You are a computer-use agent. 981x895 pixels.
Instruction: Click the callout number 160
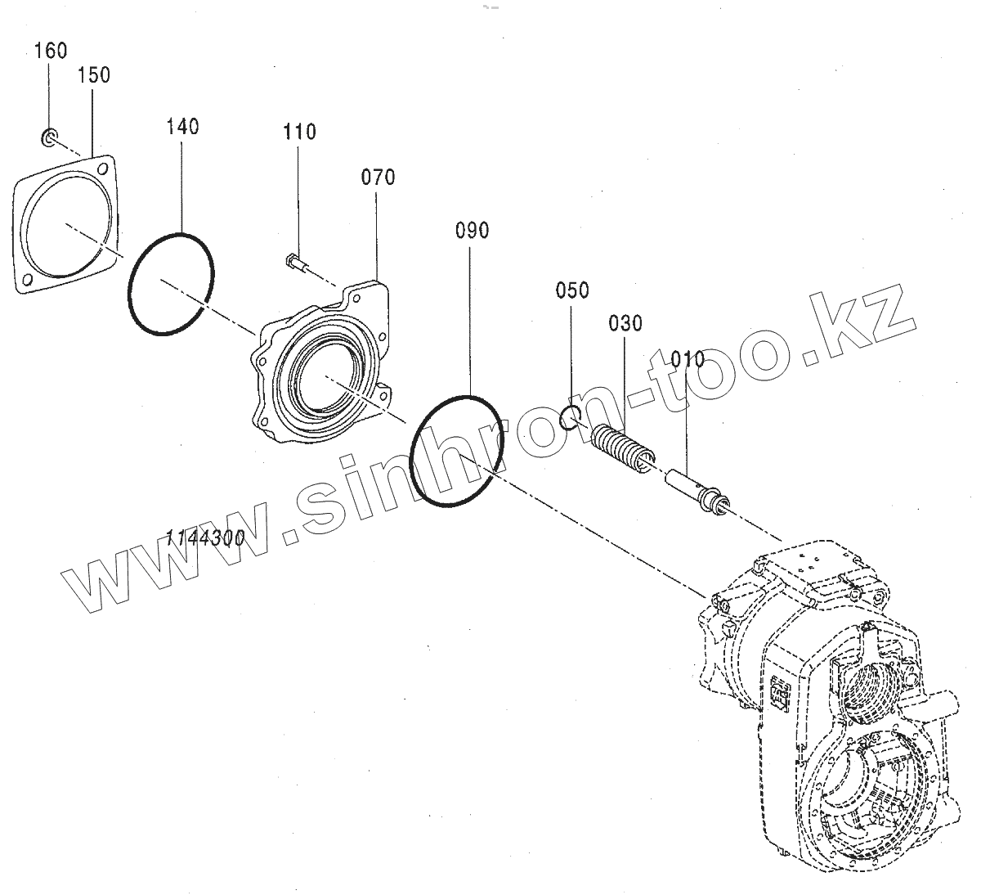[x=51, y=50]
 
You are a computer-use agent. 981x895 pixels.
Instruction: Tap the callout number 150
[x=94, y=75]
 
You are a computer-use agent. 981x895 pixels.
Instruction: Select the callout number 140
[x=182, y=127]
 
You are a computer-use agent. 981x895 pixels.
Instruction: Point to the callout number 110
[x=300, y=132]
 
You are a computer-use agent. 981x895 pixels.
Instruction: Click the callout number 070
[x=378, y=177]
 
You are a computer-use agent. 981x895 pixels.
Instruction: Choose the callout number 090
[x=472, y=231]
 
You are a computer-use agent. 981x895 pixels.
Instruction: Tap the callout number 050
[x=572, y=290]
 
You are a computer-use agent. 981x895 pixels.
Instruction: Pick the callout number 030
[x=625, y=323]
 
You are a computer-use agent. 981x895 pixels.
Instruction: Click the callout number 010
[x=687, y=358]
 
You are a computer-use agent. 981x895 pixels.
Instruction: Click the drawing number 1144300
[x=204, y=538]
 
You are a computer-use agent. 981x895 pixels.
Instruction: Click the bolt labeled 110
[x=293, y=262]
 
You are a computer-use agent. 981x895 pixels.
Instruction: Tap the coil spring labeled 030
[x=623, y=448]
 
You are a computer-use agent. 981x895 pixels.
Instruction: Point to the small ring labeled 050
[x=571, y=418]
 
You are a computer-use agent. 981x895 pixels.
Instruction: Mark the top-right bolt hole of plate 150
[x=103, y=168]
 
